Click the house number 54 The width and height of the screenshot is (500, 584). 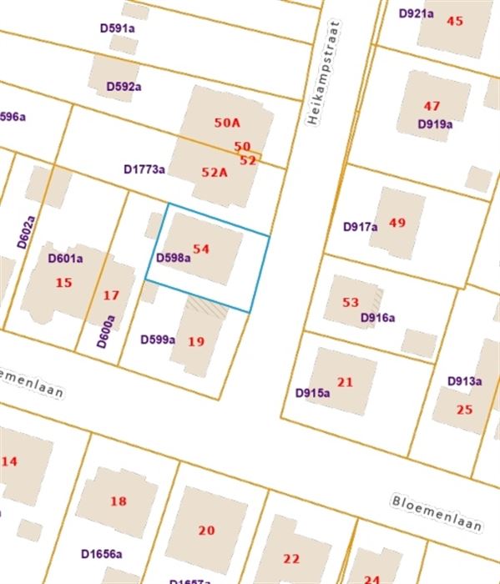click(x=201, y=249)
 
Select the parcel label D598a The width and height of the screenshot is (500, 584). click(x=174, y=258)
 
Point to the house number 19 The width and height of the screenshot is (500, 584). click(x=196, y=341)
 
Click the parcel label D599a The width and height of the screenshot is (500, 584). click(x=158, y=340)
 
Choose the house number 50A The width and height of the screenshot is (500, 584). click(x=227, y=123)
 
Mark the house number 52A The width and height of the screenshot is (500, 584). click(x=215, y=172)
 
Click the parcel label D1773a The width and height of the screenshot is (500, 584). click(x=144, y=169)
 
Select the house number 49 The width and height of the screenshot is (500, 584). click(x=397, y=223)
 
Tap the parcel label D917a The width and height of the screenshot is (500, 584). click(x=361, y=226)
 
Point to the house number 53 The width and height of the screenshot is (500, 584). click(x=351, y=302)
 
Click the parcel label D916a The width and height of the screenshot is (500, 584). click(x=377, y=318)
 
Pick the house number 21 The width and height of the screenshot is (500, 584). click(x=346, y=381)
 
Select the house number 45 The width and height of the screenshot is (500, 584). click(x=455, y=21)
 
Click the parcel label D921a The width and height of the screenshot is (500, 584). click(x=416, y=13)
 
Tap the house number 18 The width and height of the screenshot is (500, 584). click(x=119, y=501)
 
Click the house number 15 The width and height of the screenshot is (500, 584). click(x=64, y=283)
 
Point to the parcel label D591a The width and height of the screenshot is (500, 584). click(x=118, y=28)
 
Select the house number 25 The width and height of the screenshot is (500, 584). click(x=464, y=410)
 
